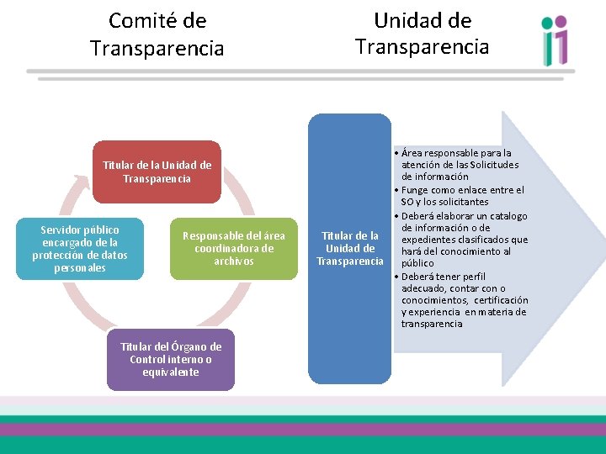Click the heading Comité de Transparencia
tap(157, 34)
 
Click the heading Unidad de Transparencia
tap(422, 33)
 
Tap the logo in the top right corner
tap(555, 41)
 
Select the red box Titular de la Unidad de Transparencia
tap(157, 172)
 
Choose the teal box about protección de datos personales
tap(80, 249)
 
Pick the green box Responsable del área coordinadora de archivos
tap(234, 249)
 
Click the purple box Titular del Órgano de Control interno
tap(171, 359)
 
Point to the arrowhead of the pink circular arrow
tap(81, 179)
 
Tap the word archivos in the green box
tap(234, 261)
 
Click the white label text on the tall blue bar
tap(349, 249)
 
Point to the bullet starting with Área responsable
tap(460, 165)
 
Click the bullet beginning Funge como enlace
tap(462, 196)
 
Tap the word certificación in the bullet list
tap(501, 300)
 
